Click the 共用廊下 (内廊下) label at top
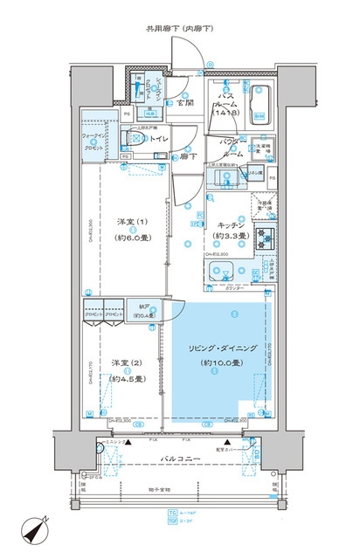(x=181, y=30)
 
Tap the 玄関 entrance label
(x=183, y=103)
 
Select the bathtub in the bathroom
(x=260, y=103)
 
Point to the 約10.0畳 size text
(x=216, y=362)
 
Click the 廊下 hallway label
(x=186, y=157)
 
